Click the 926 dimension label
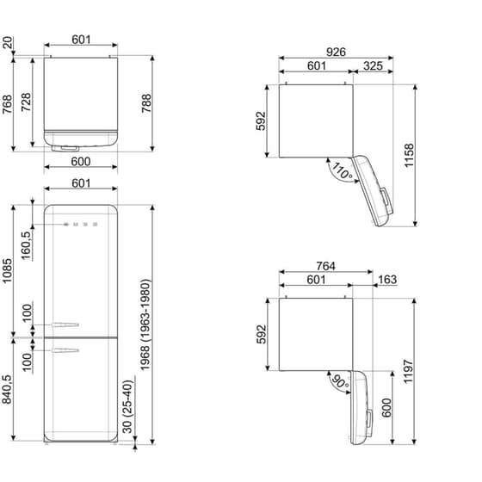336,53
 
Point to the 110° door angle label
343,172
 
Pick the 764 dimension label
325,268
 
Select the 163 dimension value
387,280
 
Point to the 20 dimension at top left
9,43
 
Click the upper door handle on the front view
65,326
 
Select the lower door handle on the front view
65,349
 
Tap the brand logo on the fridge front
80,226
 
